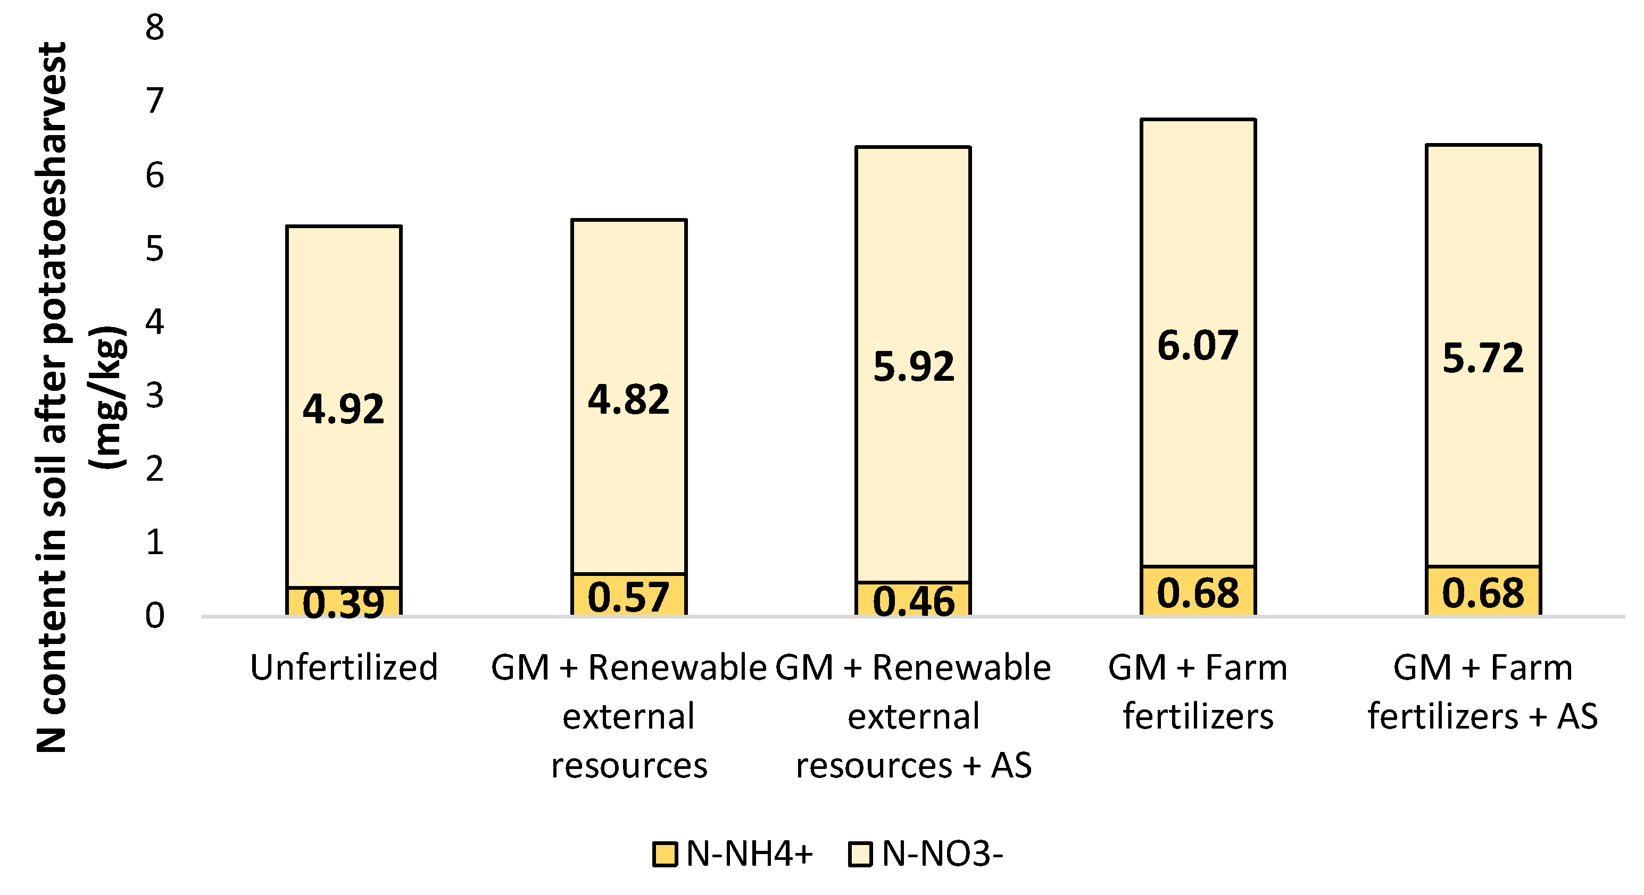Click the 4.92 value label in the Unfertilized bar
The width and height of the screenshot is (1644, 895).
[x=343, y=409]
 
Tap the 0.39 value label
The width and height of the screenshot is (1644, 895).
[x=343, y=603]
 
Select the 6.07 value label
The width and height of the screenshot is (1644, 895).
[x=1198, y=346]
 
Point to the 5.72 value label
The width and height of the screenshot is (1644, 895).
[x=1483, y=358]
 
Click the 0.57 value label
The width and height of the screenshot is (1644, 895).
[x=629, y=597]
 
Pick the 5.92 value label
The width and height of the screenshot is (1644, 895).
[x=914, y=367]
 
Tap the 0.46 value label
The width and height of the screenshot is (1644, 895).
[x=914, y=601]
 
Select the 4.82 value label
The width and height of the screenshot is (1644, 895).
[x=629, y=400]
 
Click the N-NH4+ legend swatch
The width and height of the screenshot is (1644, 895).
[x=665, y=854]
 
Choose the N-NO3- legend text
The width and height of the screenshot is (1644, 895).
[x=942, y=854]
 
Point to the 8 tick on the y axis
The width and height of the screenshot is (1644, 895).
[x=154, y=28]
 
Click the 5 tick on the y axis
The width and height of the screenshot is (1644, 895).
[x=154, y=248]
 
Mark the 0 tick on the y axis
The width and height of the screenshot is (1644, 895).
[x=154, y=616]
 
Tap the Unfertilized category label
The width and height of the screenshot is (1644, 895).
[x=343, y=667]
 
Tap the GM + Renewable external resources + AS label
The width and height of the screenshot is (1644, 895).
[x=914, y=716]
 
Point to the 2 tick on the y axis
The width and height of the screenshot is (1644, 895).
[x=154, y=469]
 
